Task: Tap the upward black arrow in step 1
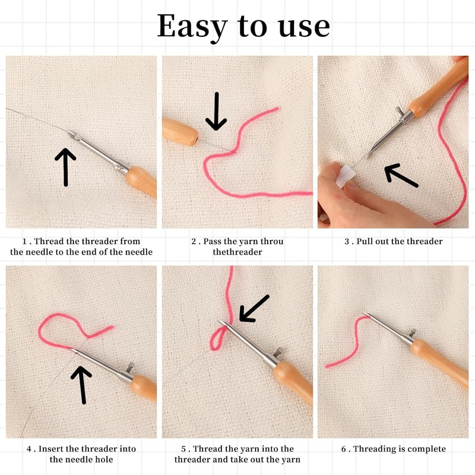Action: point(65,166)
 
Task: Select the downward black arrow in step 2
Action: point(216,111)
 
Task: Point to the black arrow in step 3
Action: point(401,176)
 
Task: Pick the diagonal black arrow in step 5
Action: point(254,308)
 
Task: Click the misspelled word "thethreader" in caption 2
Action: point(237,252)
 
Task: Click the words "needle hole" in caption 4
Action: point(81,460)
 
